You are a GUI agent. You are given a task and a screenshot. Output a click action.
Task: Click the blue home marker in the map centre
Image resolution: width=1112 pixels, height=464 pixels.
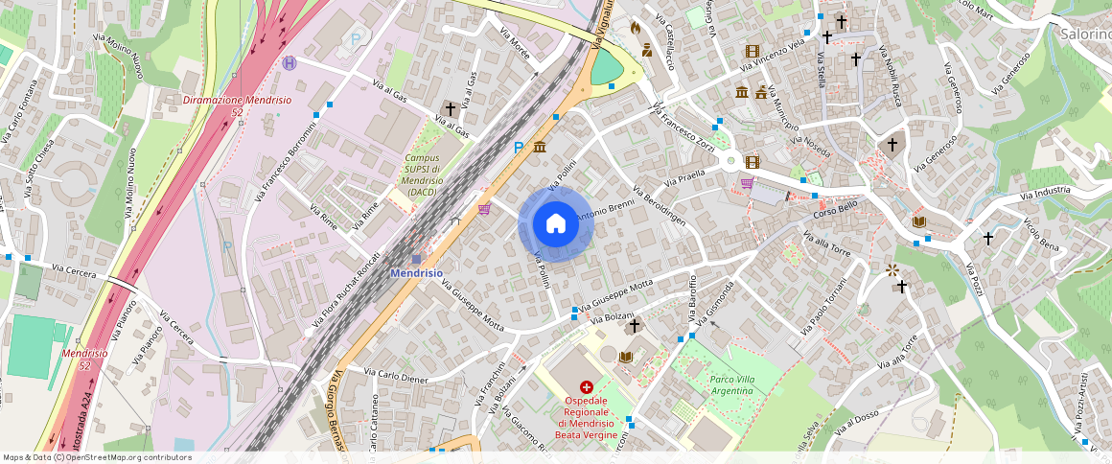556,223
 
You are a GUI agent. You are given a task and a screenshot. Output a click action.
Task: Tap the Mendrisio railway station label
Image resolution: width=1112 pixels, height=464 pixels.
416,272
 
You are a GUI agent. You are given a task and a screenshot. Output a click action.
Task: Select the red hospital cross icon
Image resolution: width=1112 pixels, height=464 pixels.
586,386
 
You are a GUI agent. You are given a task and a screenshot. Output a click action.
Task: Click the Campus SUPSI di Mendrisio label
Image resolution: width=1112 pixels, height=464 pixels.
423,174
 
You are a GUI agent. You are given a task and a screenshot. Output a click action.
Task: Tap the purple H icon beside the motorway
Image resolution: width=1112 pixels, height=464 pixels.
290,63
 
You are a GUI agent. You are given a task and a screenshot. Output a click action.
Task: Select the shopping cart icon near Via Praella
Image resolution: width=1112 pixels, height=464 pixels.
746,182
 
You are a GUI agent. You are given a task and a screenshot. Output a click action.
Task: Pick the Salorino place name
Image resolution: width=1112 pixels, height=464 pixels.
1085,34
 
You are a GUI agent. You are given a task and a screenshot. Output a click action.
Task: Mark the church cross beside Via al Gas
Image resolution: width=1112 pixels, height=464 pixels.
450,109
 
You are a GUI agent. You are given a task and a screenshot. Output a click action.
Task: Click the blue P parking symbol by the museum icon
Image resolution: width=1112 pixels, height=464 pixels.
519,148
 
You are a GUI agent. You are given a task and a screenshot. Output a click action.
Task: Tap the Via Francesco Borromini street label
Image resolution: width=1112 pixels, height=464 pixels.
288,162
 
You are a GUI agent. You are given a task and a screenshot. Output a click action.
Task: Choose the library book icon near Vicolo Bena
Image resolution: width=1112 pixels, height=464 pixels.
919,222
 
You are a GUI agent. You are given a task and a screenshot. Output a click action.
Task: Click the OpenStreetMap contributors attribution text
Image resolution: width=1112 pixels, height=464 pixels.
98,457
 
